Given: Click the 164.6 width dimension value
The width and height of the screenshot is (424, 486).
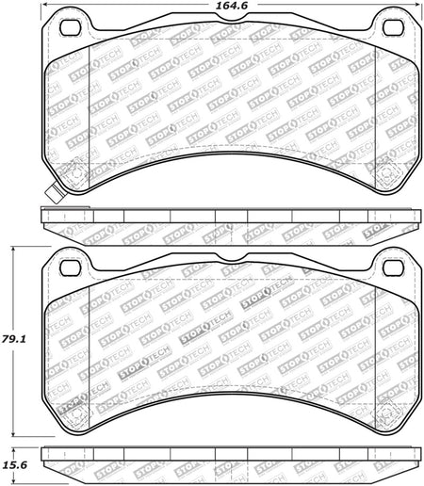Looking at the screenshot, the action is (x=233, y=6).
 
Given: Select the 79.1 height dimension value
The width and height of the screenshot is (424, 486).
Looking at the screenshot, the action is (x=13, y=339).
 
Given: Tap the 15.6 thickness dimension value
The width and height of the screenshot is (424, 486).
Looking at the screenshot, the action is (x=15, y=464).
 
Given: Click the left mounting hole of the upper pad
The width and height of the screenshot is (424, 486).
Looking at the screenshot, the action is (x=71, y=27).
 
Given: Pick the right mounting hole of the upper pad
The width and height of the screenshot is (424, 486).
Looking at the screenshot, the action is (x=394, y=27).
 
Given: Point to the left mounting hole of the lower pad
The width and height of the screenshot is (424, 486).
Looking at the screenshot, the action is (x=71, y=267).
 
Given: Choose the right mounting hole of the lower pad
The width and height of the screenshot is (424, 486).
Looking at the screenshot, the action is (x=394, y=267).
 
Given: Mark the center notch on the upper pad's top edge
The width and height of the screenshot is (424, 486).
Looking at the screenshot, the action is (x=232, y=18).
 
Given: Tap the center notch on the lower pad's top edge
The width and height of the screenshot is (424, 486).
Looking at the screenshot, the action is (x=232, y=257).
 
